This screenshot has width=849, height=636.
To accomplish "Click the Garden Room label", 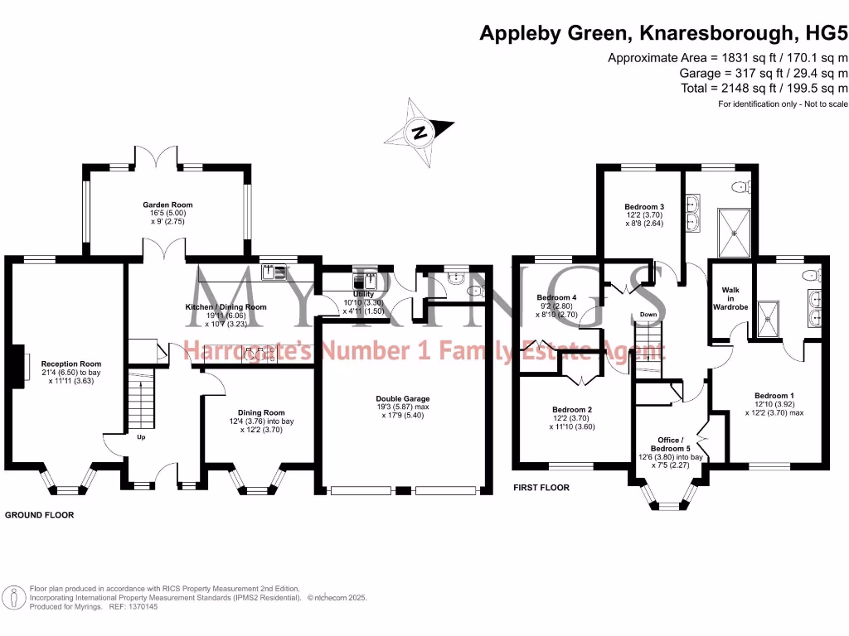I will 167,205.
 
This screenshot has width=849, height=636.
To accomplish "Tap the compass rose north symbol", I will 421,132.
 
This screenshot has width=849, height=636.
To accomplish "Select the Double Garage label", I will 402,398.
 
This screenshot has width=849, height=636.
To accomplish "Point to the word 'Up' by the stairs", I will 141,436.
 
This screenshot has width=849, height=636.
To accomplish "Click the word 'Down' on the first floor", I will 648,315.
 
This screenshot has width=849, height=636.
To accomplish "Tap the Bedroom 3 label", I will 644,206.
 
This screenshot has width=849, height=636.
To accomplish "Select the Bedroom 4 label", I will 556,297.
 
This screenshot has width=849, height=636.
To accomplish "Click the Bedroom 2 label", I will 572,409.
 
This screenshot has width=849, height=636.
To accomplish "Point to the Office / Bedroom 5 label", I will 671,444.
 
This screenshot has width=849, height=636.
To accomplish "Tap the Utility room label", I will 362,294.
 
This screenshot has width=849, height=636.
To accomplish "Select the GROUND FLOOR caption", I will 40,515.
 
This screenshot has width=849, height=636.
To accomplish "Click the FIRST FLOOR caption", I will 541,488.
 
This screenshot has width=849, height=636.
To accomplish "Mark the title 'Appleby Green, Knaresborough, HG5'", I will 665,34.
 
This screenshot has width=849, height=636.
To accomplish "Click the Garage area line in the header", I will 763,73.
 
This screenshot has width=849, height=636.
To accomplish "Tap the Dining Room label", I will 261,412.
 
